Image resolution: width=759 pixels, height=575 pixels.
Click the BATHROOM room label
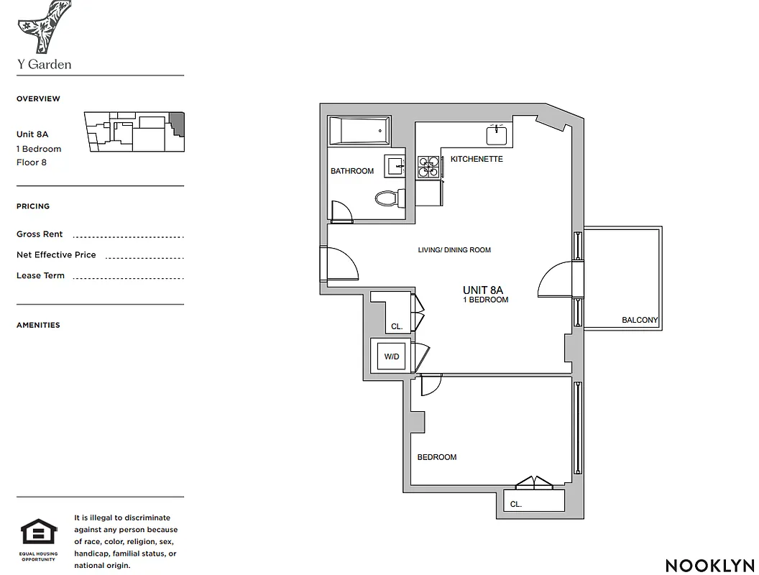click(352, 171)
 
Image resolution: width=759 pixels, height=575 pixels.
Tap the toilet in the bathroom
click(386, 197)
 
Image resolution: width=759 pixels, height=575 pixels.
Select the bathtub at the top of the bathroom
click(358, 132)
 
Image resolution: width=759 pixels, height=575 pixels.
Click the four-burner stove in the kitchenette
click(428, 167)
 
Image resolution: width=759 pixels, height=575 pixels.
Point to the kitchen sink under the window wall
click(497, 134)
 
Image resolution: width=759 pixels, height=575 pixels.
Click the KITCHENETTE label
click(477, 159)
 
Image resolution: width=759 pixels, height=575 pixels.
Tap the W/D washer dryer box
click(391, 356)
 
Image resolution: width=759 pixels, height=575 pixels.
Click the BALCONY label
click(640, 321)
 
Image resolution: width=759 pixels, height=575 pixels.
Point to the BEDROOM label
click(437, 457)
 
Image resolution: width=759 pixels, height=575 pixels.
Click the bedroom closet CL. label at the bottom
click(515, 505)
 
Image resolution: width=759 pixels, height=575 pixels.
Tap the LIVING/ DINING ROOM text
click(454, 250)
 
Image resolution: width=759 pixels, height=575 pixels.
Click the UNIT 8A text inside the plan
click(485, 290)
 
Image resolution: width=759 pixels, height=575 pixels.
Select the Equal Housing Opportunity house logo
click(38, 533)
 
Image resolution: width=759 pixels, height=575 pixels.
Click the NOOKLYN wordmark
click(709, 566)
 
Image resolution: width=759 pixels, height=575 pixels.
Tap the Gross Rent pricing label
click(40, 234)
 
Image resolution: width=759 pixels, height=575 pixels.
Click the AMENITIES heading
click(38, 325)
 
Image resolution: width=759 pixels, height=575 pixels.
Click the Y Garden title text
click(44, 65)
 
